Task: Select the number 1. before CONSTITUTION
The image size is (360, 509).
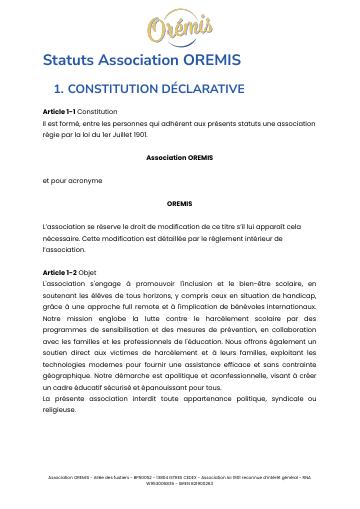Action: point(57,89)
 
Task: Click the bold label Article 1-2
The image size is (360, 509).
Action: point(59,272)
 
